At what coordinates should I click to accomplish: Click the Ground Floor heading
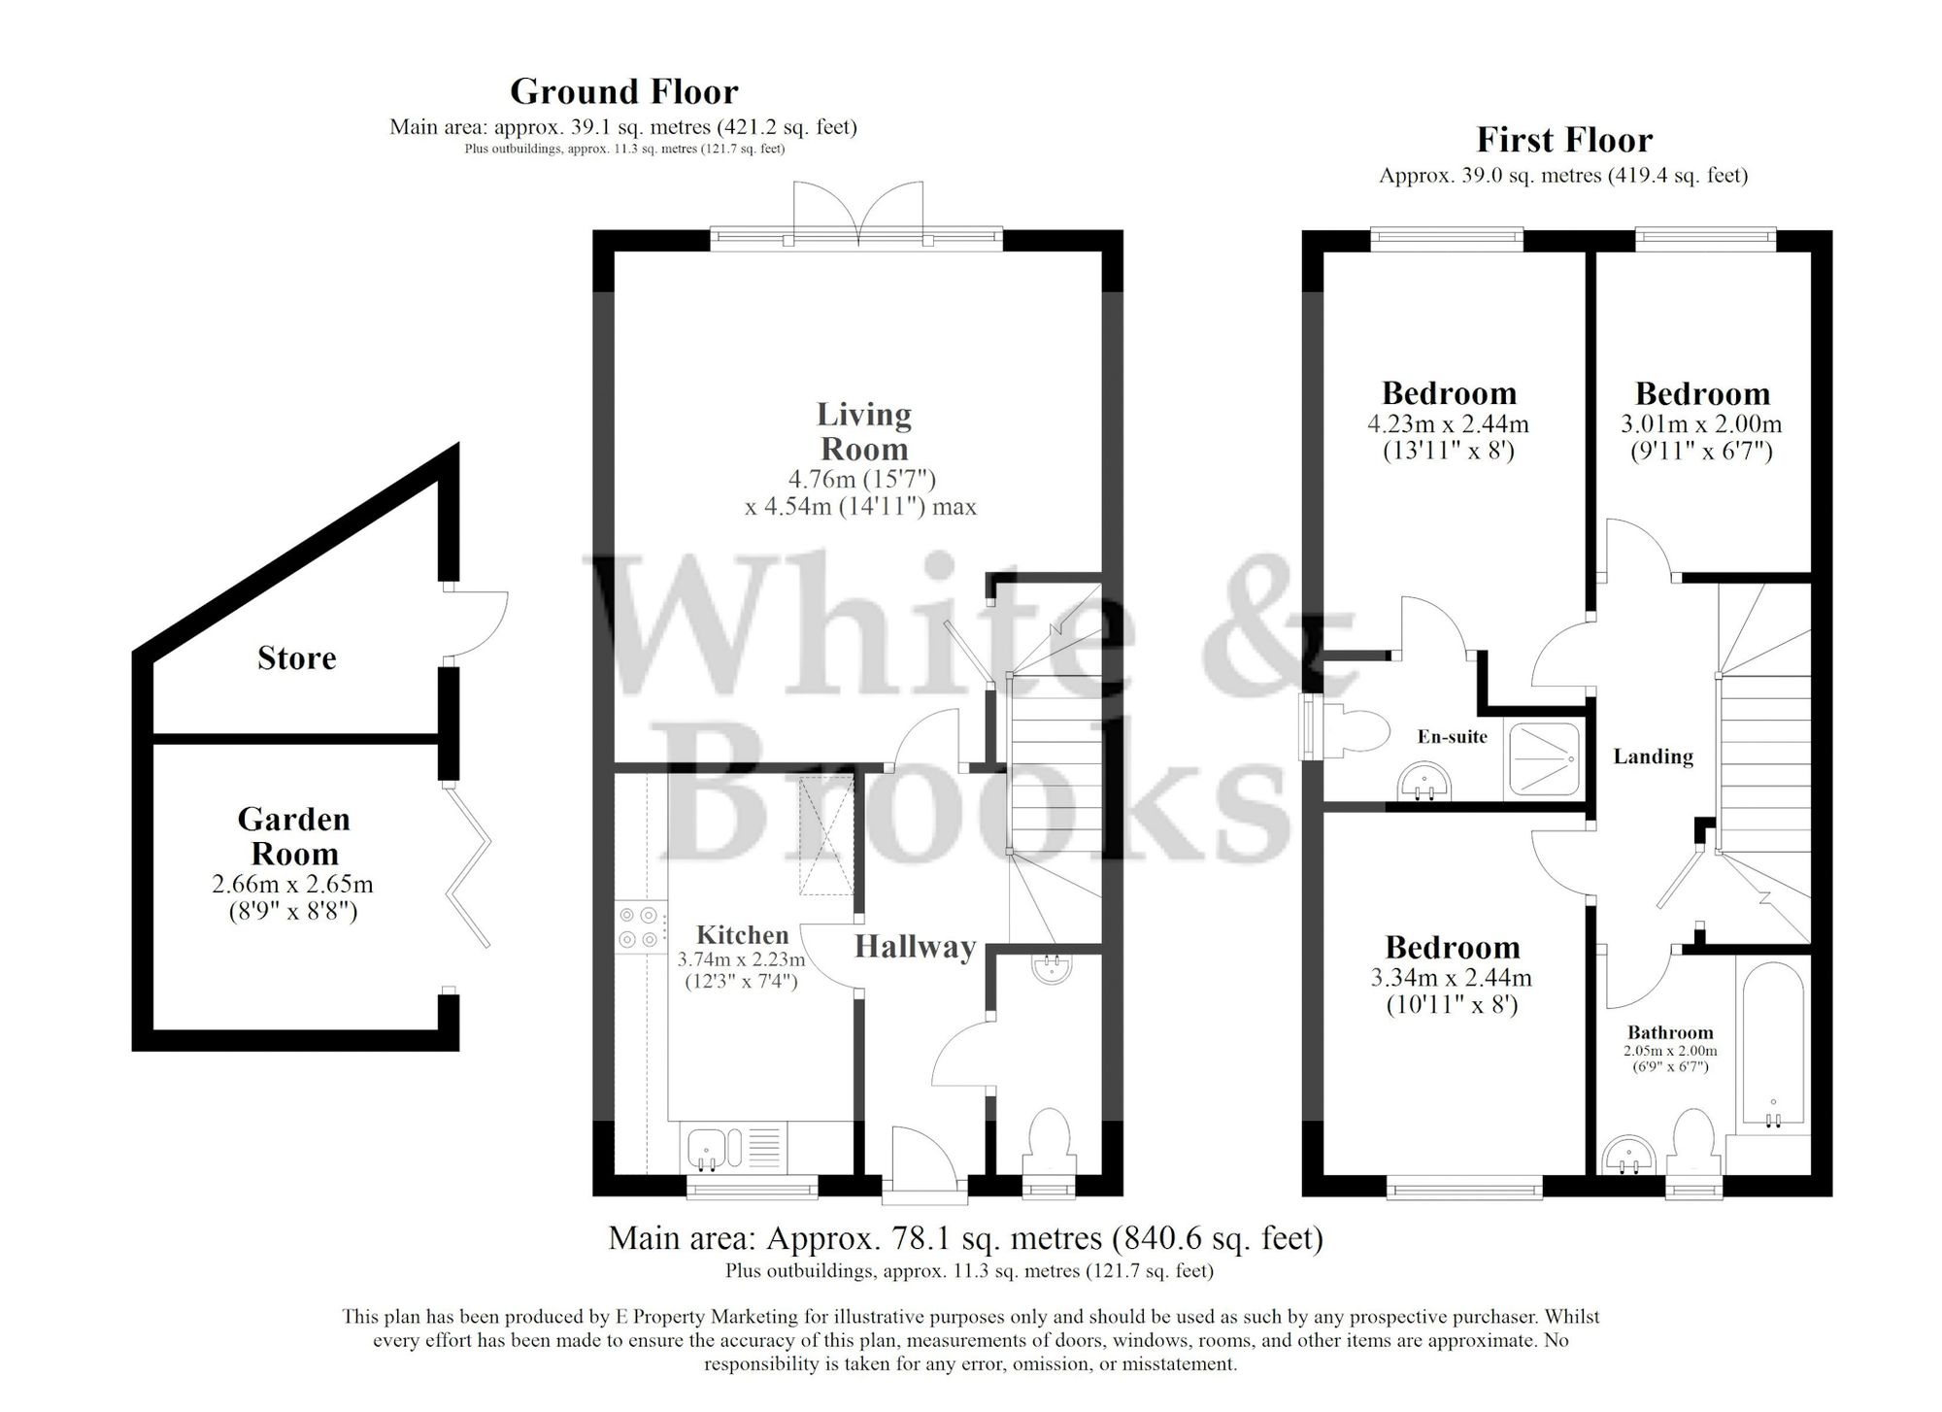tap(623, 91)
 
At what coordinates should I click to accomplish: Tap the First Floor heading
tap(1563, 140)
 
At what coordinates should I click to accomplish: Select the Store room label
tap(296, 658)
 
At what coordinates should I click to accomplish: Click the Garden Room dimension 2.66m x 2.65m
tap(292, 885)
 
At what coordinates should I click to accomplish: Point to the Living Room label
tap(863, 431)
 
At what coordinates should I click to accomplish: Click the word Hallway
tap(915, 947)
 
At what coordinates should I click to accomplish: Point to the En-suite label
tap(1452, 737)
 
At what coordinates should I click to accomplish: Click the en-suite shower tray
tap(1544, 758)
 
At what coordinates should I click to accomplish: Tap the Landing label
tap(1653, 756)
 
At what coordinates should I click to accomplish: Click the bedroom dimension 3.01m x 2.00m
tap(1701, 424)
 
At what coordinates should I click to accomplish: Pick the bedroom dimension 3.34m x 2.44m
tap(1451, 978)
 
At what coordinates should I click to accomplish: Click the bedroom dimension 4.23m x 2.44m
tap(1448, 424)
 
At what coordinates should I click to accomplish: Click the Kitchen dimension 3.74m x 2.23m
tap(741, 960)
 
